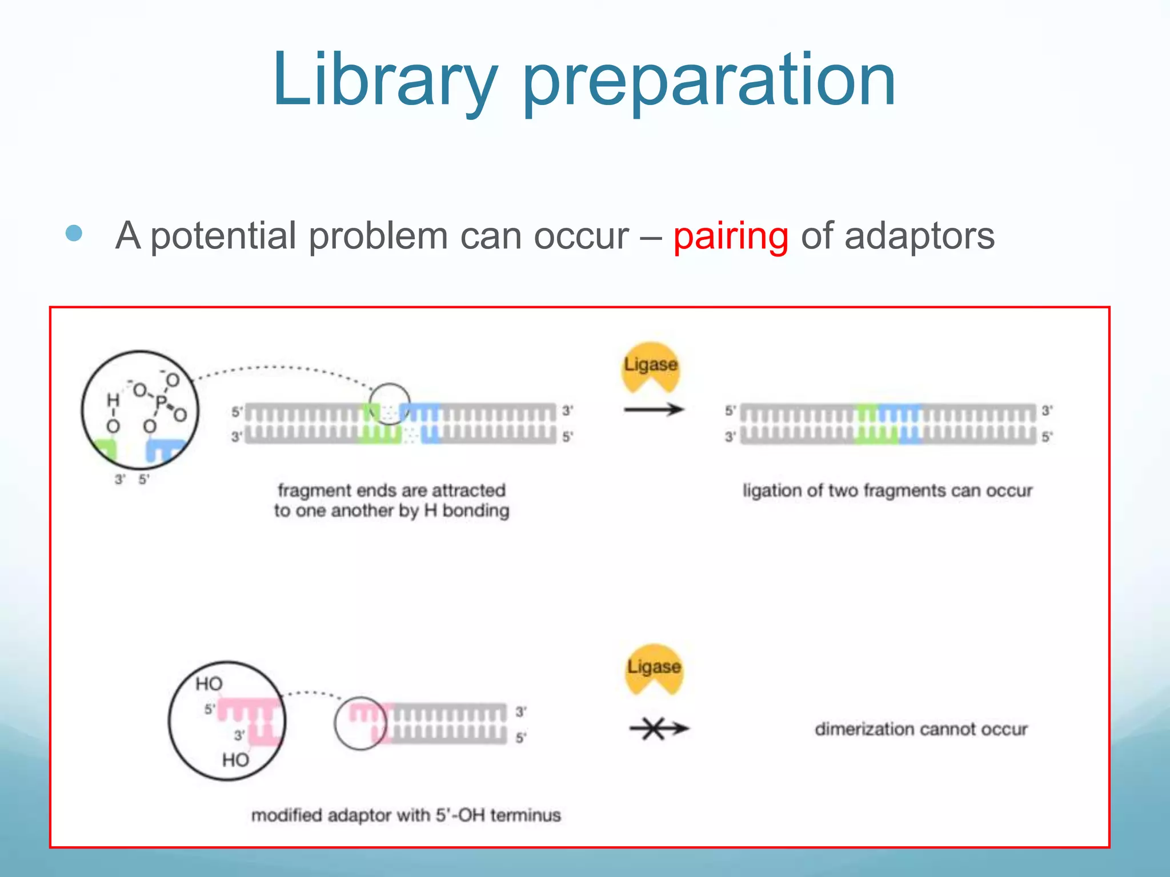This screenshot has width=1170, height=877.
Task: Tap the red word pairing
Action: coord(731,236)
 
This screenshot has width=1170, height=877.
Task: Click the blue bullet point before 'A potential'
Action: coord(74,233)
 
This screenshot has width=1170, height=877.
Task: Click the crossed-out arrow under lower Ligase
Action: coord(658,729)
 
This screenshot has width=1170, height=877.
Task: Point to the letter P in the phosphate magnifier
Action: coord(161,401)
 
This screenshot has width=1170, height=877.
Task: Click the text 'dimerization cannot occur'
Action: coord(921,729)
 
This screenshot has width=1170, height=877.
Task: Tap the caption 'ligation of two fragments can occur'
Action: coord(887,490)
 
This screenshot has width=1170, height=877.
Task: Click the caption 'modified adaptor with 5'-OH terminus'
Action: coord(406,815)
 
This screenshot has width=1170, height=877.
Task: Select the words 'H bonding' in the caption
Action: coord(467,510)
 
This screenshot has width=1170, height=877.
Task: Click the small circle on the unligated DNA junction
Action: coord(389,403)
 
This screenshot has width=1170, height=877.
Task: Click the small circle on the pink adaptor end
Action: coord(360,723)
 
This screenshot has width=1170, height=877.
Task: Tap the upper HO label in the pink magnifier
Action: coord(209,683)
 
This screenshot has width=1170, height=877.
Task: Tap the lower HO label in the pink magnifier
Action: coord(235,759)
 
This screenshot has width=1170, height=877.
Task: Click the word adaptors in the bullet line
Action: coord(919,236)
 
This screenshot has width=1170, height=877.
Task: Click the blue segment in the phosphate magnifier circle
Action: coord(164,449)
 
